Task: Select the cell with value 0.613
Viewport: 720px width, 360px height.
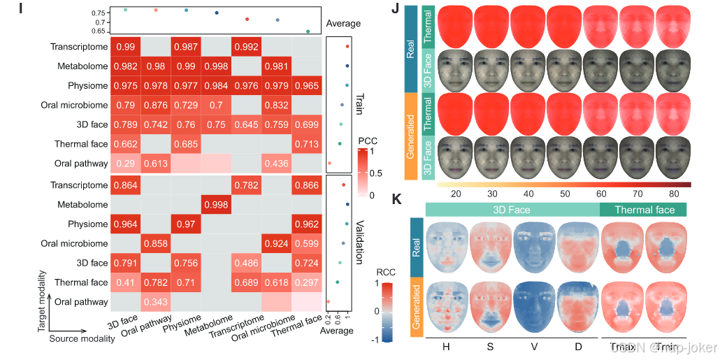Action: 157,163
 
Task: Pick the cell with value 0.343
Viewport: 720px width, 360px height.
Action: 157,301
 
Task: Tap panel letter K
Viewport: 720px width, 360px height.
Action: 396,199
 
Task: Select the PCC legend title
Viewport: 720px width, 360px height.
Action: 368,141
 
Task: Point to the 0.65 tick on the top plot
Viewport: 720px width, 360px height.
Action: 98,31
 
